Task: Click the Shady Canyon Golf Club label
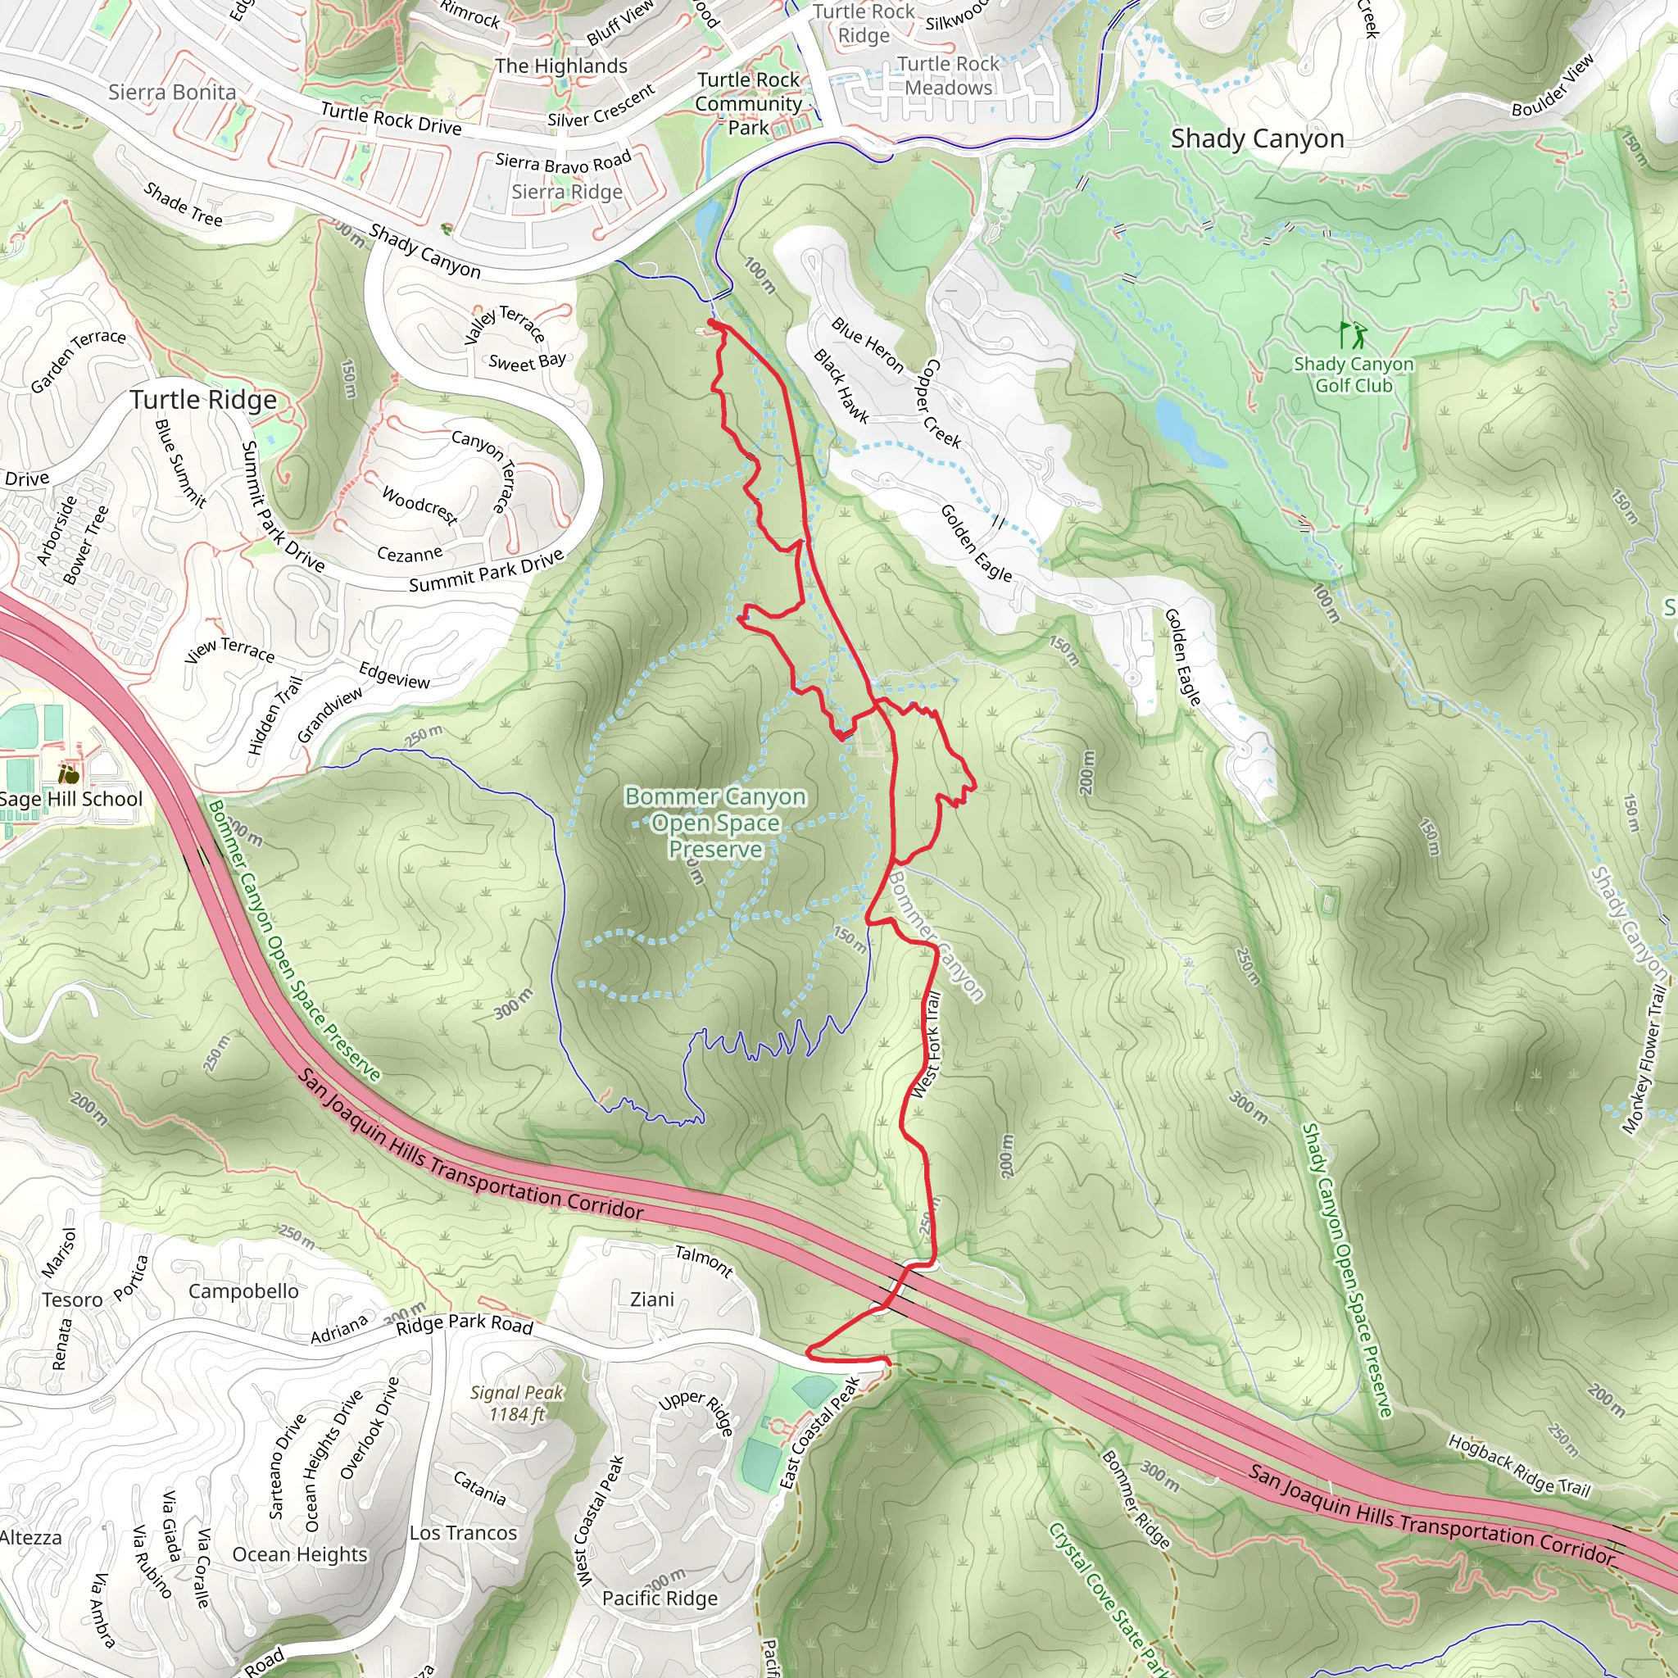[1354, 375]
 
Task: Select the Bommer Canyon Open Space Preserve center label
[714, 823]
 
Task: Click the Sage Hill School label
[71, 799]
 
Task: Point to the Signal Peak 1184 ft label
[517, 1403]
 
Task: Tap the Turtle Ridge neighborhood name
[203, 400]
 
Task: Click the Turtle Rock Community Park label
[748, 103]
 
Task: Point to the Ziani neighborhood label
[651, 1299]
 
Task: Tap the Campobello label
[243, 1291]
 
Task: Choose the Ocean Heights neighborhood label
[300, 1554]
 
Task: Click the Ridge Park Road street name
[464, 1325]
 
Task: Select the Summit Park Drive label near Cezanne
[486, 570]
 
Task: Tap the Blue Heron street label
[867, 345]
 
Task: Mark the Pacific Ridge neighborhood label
[660, 1598]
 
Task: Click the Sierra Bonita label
[172, 92]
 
